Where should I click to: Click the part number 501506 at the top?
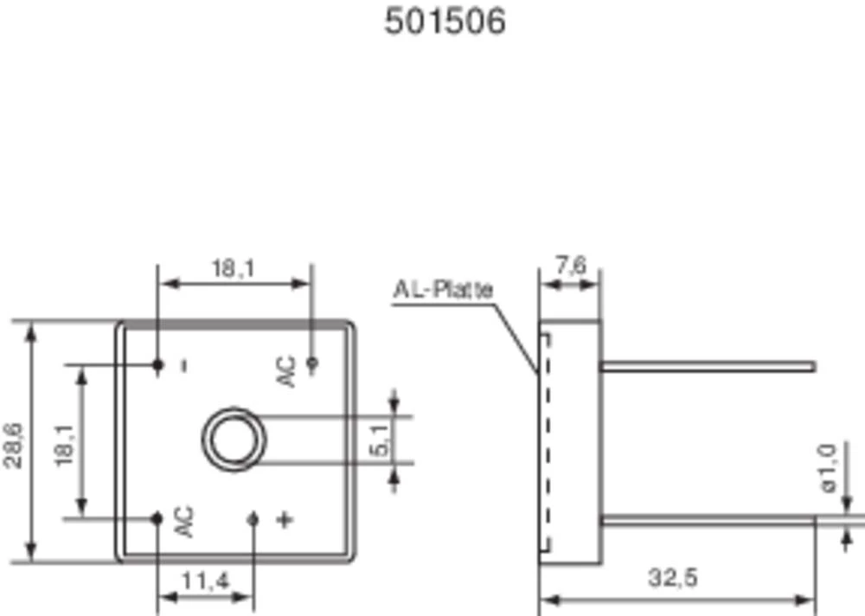[x=445, y=22]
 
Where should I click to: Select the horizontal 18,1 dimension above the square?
[x=234, y=268]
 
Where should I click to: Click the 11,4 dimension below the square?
[x=205, y=581]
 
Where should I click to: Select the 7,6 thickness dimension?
[x=571, y=266]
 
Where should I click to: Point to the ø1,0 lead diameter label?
[x=827, y=468]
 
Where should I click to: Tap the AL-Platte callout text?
[x=443, y=289]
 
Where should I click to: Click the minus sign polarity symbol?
[x=183, y=365]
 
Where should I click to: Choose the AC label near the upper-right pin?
[x=286, y=371]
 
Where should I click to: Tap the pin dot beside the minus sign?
[x=157, y=365]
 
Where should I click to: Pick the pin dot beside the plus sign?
[x=253, y=519]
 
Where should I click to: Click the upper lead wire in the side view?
[x=709, y=367]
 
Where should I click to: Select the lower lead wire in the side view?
[x=709, y=519]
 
